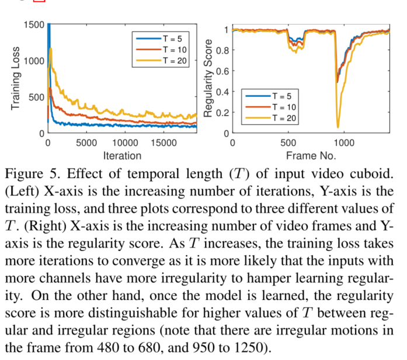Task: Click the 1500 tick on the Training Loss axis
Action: click(34, 25)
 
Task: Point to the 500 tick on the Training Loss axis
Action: click(37, 97)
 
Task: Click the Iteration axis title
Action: click(122, 155)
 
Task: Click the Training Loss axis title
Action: click(16, 79)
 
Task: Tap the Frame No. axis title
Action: click(310, 155)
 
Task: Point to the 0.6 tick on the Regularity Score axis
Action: click(222, 71)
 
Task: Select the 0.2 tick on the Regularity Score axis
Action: click(222, 113)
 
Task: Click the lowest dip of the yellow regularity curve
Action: click(338, 127)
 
